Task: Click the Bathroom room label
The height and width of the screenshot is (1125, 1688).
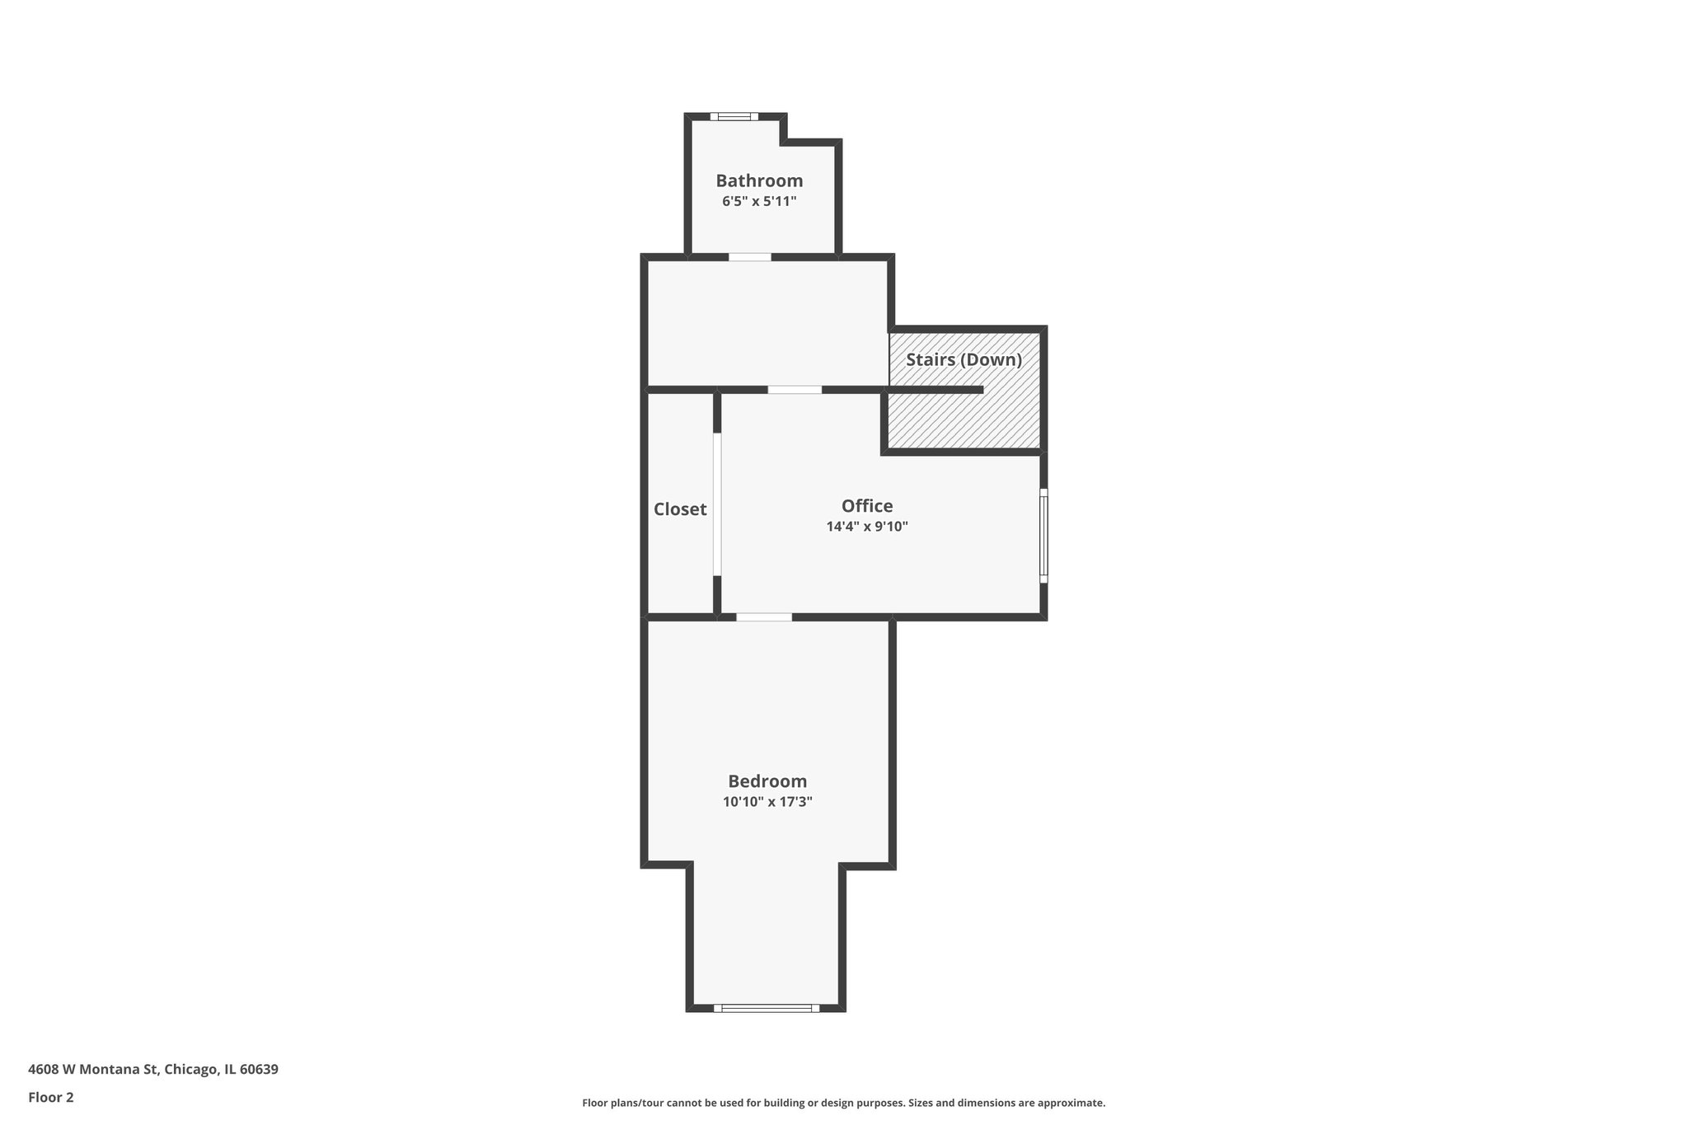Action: click(758, 180)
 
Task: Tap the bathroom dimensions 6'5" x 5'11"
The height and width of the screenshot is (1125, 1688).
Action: click(758, 201)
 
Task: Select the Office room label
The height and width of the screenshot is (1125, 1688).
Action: click(866, 506)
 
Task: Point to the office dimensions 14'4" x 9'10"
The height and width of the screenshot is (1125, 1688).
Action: click(866, 527)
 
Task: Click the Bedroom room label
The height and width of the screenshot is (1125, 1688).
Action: click(767, 781)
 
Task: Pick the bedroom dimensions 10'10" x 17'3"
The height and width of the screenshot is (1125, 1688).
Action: click(767, 802)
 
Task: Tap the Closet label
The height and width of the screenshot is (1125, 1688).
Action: click(680, 509)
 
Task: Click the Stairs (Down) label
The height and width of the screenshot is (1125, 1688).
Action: click(964, 360)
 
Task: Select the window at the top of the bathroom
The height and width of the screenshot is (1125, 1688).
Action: click(734, 117)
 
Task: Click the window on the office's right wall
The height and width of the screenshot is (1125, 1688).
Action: click(1043, 536)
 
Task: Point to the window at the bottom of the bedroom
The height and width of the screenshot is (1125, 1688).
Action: click(766, 1007)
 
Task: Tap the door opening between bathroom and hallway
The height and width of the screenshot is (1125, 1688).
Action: click(749, 257)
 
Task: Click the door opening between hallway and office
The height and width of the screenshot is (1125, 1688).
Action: click(795, 390)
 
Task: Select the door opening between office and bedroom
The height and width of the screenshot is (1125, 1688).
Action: click(764, 617)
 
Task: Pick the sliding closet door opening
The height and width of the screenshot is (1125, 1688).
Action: click(717, 504)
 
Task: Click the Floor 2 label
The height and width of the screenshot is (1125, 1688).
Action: click(51, 1097)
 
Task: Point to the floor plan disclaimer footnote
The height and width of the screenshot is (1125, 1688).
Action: click(843, 1103)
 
